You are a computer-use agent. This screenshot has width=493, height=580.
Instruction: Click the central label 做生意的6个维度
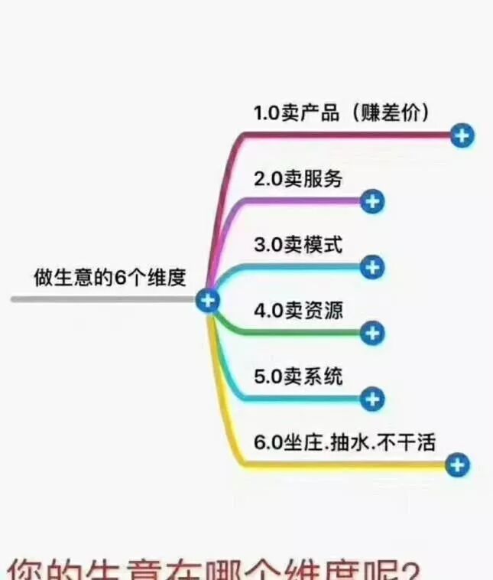coord(110,277)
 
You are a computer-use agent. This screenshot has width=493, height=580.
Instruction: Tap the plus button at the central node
coord(207,300)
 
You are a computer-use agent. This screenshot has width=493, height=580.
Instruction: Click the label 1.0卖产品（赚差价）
coord(342,112)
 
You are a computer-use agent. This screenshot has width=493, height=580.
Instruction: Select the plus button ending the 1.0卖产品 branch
coord(462,136)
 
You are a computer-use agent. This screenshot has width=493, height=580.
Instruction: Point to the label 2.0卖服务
coord(298,179)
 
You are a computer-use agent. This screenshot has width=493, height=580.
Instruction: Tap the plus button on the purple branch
coord(371,202)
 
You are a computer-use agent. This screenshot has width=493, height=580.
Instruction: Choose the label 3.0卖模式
coord(298,245)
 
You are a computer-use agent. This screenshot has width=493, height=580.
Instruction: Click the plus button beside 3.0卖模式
coord(371,267)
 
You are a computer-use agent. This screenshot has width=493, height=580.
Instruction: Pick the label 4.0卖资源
coord(298,311)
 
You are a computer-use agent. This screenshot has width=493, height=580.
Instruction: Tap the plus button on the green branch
coord(371,333)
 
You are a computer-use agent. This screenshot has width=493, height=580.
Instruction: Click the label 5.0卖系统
coord(298,376)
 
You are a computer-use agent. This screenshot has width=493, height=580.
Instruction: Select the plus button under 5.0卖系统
coord(371,399)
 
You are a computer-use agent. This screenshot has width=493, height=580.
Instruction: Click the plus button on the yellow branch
coord(457,464)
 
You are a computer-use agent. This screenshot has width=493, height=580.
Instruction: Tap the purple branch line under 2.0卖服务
coord(306,201)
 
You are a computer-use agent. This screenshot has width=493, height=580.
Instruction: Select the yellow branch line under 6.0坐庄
coord(344,464)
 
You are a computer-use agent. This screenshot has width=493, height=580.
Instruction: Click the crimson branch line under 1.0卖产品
coord(344,135)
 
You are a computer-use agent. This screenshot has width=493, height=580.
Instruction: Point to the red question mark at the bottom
coord(410,570)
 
